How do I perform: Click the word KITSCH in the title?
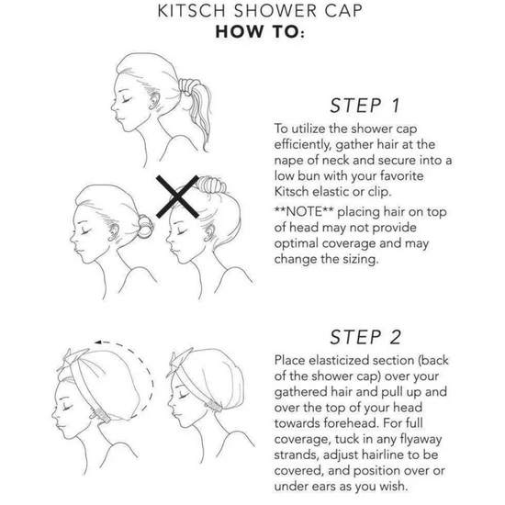pos(191,11)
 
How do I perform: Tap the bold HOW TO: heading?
pos(260,31)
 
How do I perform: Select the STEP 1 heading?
pos(365,106)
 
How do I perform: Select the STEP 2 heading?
pos(365,337)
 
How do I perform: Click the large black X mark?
pos(177,196)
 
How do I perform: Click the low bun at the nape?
pos(146,226)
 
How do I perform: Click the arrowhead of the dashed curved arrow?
pos(99,342)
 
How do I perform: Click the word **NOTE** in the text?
pos(303,211)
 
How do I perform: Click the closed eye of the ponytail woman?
pos(127,100)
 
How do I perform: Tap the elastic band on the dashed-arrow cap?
pos(100,415)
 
